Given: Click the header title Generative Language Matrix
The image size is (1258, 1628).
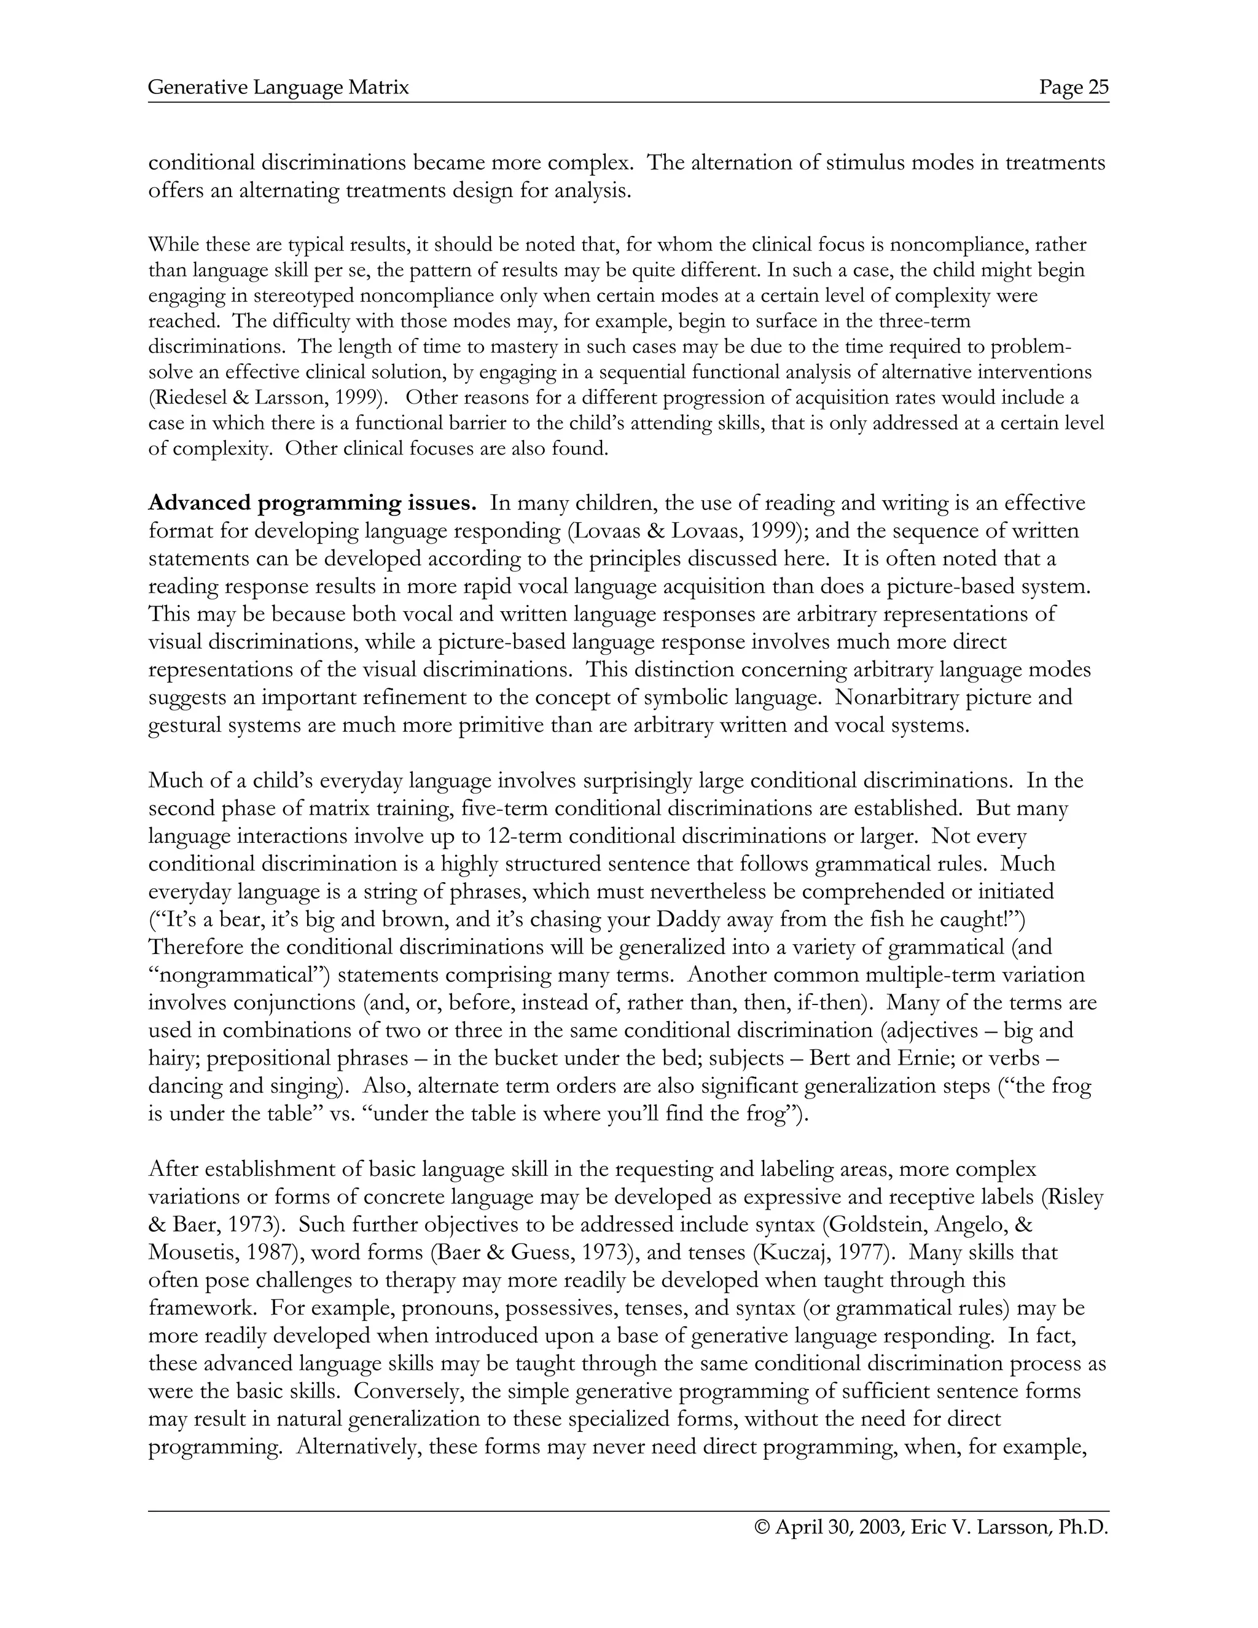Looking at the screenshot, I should pyautogui.click(x=279, y=88).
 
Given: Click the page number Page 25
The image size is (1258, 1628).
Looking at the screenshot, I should pyautogui.click(x=1074, y=88).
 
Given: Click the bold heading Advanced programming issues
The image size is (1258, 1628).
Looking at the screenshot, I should pyautogui.click(x=312, y=503).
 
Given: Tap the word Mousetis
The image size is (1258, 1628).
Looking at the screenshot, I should pyautogui.click(x=191, y=1252).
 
